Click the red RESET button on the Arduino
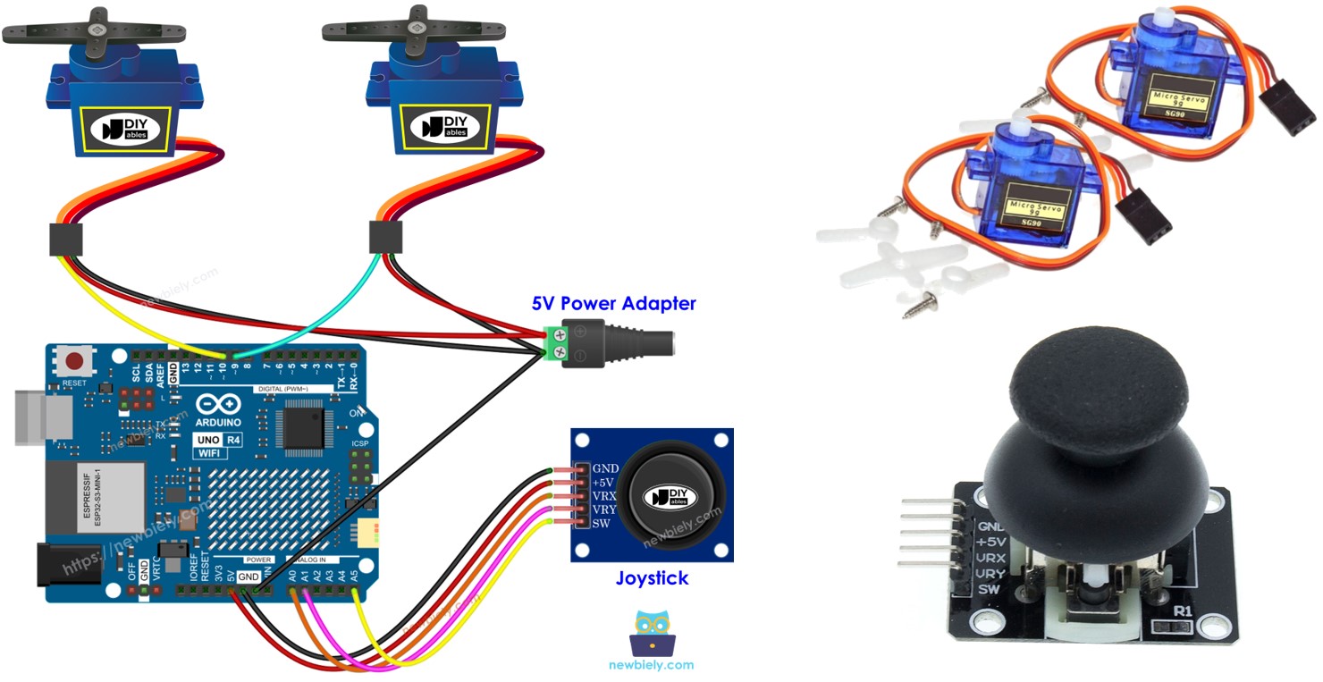pyautogui.click(x=75, y=362)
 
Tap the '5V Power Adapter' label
pyautogui.click(x=613, y=303)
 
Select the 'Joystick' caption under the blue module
pyautogui.click(x=652, y=578)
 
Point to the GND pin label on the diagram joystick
pyautogui.click(x=605, y=467)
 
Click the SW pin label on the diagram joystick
pyautogui.click(x=601, y=523)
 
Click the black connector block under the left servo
pyautogui.click(x=65, y=240)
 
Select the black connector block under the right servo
pyautogui.click(x=386, y=238)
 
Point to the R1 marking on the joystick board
pyautogui.click(x=1183, y=611)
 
